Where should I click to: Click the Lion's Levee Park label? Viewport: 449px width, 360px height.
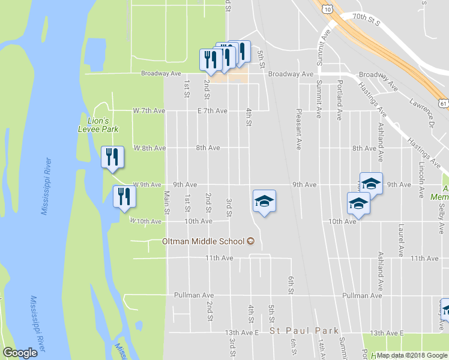coord(98,125)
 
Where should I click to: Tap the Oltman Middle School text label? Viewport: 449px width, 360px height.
coord(203,241)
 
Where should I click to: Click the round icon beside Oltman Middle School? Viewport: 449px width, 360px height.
coord(251,241)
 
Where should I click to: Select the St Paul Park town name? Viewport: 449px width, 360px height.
coord(304,331)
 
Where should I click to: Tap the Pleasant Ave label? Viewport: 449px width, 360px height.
coord(298,129)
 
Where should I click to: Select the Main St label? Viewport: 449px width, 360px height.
coord(167,202)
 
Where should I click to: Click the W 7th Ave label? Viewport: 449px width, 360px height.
coord(148,111)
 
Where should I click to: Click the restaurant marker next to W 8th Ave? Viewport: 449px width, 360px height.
coord(112,158)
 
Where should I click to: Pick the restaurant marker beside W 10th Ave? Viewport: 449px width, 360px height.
coord(124,197)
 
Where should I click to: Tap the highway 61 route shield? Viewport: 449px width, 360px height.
coord(443,103)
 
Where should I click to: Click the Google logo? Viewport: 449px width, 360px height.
coord(20,353)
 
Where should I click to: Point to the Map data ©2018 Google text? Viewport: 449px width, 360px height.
coord(412,355)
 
